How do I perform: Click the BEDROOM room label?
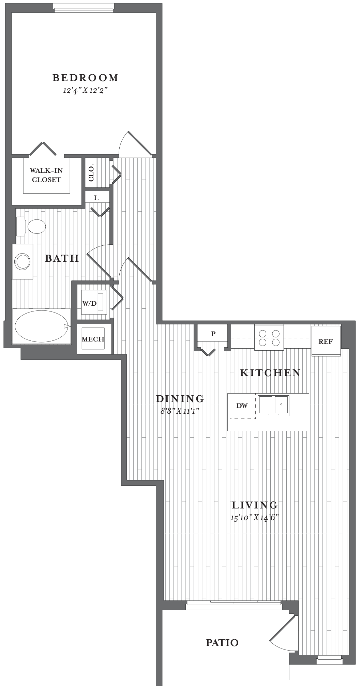tap(85, 78)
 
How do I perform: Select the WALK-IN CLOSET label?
tap(46, 175)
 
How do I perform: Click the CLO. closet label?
tap(91, 173)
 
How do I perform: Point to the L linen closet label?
tap(96, 198)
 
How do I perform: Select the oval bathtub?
tap(42, 326)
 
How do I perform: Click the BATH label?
tap(62, 258)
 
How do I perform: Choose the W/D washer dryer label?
tap(89, 303)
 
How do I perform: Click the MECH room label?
tap(93, 339)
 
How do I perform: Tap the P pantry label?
tap(213, 334)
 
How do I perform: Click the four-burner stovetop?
tap(269, 337)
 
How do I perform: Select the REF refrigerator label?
tap(326, 341)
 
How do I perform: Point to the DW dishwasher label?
tap(242, 406)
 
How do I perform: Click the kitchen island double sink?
tap(273, 405)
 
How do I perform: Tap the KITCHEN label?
tap(270, 373)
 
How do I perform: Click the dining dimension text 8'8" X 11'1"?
tap(180, 411)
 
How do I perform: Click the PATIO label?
tap(222, 643)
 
